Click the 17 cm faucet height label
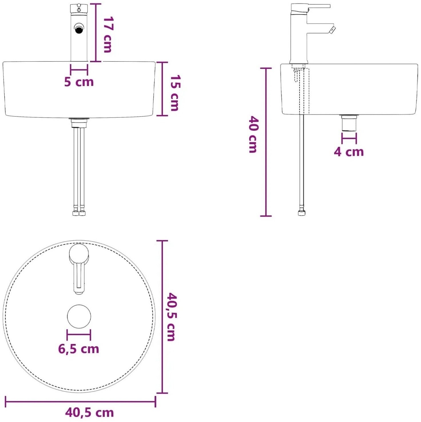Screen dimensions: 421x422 [x=108, y=35]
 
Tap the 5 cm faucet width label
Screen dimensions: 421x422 [x=79, y=82]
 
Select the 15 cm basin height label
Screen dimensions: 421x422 [x=175, y=93]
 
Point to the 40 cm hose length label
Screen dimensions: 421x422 [x=253, y=134]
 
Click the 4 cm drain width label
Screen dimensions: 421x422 [x=349, y=152]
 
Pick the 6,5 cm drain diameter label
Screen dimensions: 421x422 [x=79, y=349]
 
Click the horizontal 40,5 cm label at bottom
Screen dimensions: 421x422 [x=89, y=412]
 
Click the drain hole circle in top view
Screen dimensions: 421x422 [x=79, y=316]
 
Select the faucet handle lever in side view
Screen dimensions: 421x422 [x=319, y=6]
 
